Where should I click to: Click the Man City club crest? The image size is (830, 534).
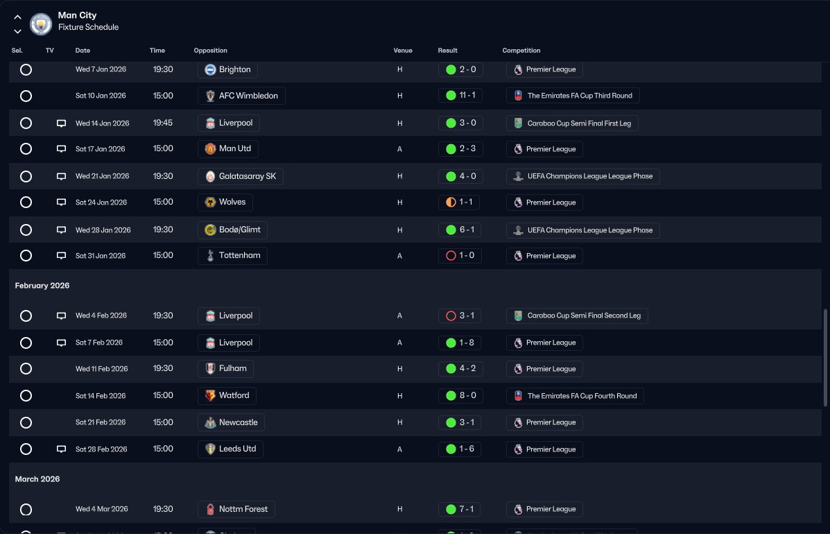tap(41, 24)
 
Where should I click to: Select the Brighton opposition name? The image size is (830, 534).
tap(234, 69)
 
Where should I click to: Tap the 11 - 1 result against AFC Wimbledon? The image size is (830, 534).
tap(460, 96)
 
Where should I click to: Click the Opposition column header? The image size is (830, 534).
tap(210, 50)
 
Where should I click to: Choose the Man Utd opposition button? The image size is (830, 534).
tap(227, 148)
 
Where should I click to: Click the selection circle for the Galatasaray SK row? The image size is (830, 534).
tap(26, 176)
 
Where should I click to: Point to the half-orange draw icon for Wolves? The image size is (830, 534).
tap(451, 203)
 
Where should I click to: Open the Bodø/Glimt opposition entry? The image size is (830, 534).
tap(232, 230)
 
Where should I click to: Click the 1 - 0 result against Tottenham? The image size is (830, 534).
tap(460, 256)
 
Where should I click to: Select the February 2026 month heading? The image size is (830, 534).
tap(42, 285)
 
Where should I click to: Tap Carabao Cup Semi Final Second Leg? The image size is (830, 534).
tap(584, 316)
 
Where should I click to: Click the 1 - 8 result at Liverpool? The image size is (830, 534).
tap(460, 343)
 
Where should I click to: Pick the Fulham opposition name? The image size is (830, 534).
tap(233, 368)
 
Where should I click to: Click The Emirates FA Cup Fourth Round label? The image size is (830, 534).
tap(582, 396)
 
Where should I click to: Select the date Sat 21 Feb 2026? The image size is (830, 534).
tap(101, 422)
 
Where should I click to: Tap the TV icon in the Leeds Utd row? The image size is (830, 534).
tap(62, 449)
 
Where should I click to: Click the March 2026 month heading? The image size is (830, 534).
tap(37, 479)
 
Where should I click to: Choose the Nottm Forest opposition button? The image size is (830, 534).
tap(236, 509)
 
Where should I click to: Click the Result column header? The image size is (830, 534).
tap(447, 50)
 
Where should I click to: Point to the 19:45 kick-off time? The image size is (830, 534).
tap(163, 123)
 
